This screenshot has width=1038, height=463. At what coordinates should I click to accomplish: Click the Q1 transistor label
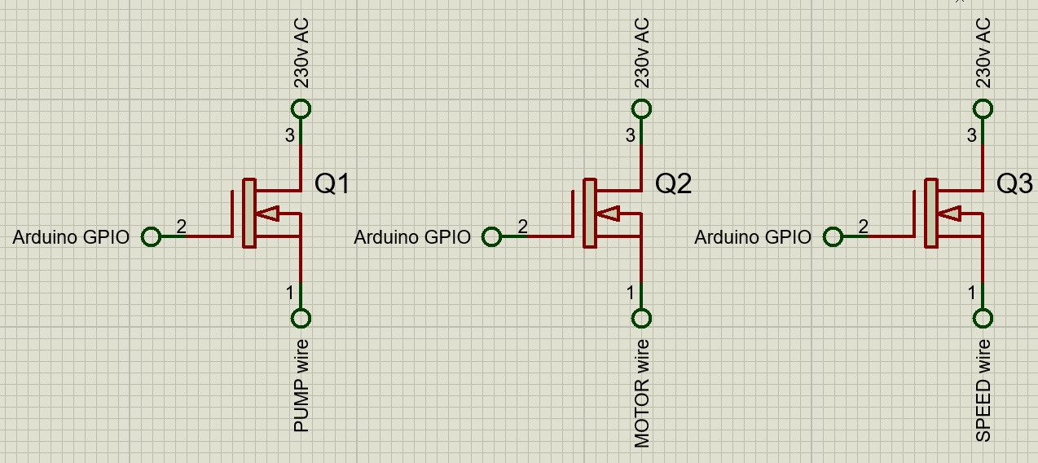(332, 185)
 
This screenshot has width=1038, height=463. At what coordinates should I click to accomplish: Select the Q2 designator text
(674, 185)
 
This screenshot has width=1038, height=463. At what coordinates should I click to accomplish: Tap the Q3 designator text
(1015, 185)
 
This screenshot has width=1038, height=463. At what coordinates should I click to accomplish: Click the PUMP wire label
(301, 384)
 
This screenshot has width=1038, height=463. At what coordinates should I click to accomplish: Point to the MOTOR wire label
(642, 391)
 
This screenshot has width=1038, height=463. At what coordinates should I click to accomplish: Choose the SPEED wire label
(983, 389)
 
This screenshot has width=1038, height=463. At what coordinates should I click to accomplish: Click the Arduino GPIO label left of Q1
(71, 237)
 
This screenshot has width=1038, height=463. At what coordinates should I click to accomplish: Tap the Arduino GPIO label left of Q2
(412, 237)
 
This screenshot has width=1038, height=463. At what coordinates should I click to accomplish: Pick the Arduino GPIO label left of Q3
(753, 237)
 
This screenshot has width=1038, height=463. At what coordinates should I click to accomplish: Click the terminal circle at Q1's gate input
(151, 236)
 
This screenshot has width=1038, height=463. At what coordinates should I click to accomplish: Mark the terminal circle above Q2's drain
(642, 109)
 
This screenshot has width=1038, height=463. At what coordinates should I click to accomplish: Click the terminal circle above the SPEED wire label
(983, 318)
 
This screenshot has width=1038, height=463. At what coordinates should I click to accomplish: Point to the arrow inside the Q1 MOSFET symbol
(268, 214)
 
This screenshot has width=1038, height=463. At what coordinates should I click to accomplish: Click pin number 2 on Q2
(522, 227)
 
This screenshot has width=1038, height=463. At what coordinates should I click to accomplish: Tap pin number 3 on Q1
(290, 135)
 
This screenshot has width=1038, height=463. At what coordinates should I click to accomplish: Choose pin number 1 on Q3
(972, 292)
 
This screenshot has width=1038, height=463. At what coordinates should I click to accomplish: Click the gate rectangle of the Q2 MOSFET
(589, 214)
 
